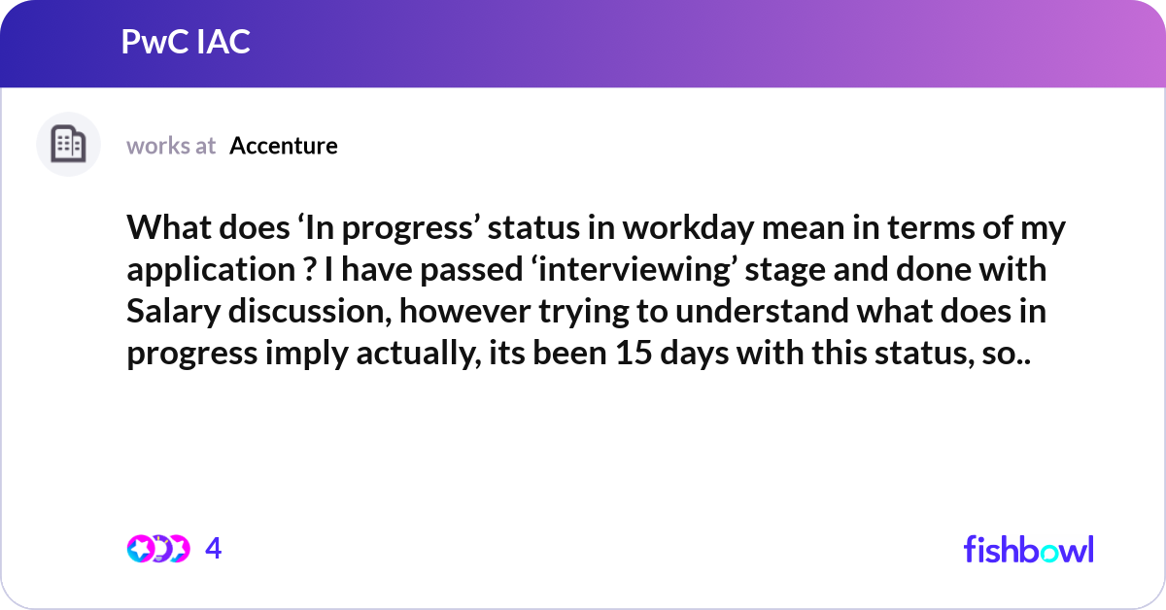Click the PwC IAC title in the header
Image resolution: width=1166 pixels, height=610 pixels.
coord(186,42)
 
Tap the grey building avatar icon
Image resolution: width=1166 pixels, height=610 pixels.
coord(68,145)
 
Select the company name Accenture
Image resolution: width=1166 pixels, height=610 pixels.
coord(284,146)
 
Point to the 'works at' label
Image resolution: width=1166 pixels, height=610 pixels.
coord(171,146)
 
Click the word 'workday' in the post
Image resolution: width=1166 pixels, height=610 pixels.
coord(668,231)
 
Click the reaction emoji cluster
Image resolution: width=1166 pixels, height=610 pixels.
coord(158,549)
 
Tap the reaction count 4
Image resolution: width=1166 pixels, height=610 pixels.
coord(214,549)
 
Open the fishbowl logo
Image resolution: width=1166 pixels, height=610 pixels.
coord(1028,549)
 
